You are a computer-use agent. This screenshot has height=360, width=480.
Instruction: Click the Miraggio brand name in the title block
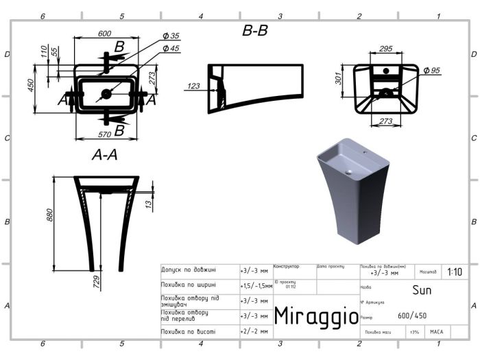click(316, 316)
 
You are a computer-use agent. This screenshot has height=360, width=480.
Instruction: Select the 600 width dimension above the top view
click(105, 34)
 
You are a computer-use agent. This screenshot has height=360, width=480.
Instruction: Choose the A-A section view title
click(105, 156)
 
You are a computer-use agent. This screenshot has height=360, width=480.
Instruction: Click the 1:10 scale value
click(454, 272)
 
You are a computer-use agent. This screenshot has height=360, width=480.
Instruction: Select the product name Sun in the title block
click(421, 289)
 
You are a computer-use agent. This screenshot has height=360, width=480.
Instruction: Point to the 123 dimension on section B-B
click(194, 86)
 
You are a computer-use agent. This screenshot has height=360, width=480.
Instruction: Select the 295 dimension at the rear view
click(385, 49)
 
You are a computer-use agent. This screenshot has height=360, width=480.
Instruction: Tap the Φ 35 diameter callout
click(171, 36)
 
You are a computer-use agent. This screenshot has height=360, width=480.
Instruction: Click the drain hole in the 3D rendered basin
click(348, 172)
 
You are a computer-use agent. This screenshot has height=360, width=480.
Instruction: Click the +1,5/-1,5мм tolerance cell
click(256, 285)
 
